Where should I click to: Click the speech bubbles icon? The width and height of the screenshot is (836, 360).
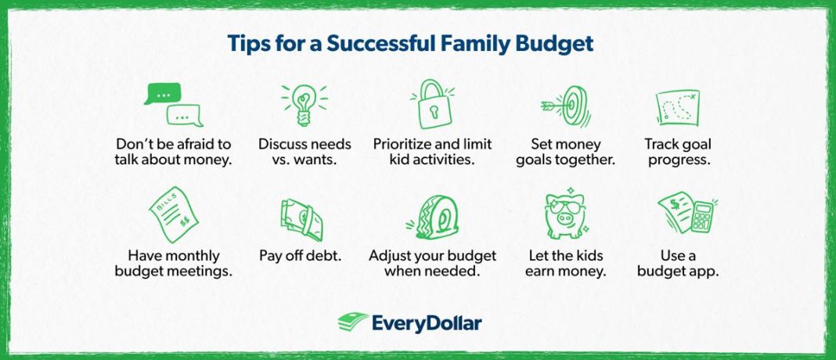pos(173,106)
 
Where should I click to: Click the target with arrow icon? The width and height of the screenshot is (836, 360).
pos(561,106)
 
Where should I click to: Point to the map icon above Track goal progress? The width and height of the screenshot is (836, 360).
pos(677,107)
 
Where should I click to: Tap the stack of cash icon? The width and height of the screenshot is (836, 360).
pos(301,219)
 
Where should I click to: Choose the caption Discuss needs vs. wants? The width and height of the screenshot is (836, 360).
pos(304,152)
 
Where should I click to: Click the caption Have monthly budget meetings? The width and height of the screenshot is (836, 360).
pos(174,263)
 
